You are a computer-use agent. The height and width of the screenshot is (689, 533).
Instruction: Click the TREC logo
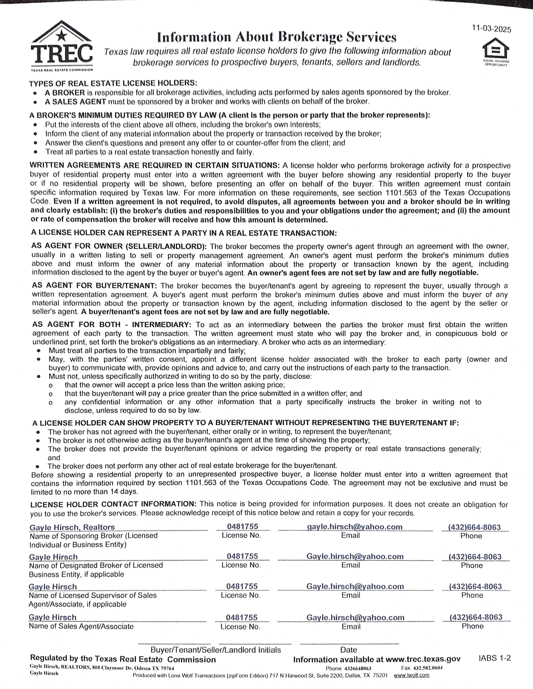click(x=61, y=46)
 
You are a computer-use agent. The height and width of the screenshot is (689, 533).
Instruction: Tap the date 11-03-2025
click(x=491, y=29)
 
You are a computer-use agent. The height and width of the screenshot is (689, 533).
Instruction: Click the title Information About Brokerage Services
click(x=277, y=37)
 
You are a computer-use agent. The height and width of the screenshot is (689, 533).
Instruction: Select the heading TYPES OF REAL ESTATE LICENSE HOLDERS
click(x=113, y=83)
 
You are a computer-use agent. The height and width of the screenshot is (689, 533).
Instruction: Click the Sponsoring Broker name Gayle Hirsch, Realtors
click(x=72, y=527)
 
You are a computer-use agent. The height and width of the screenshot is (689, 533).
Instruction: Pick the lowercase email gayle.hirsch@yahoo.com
click(x=355, y=527)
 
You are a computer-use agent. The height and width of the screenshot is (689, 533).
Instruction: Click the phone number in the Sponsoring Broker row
click(x=474, y=527)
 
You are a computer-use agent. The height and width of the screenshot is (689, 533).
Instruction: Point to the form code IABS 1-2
click(x=494, y=658)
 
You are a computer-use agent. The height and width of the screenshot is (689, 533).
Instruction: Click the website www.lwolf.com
click(x=411, y=675)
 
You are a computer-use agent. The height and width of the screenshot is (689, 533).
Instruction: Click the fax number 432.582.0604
click(x=428, y=668)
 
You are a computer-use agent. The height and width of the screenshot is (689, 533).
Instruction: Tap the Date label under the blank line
click(x=349, y=650)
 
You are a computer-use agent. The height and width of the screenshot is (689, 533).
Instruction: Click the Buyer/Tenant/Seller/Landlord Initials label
click(x=216, y=650)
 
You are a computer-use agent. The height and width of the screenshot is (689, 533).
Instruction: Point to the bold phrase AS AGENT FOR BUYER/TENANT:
click(x=95, y=286)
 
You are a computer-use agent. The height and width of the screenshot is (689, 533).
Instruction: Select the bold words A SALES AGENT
click(x=75, y=102)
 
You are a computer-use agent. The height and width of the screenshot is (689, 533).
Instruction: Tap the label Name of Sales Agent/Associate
click(x=81, y=626)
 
